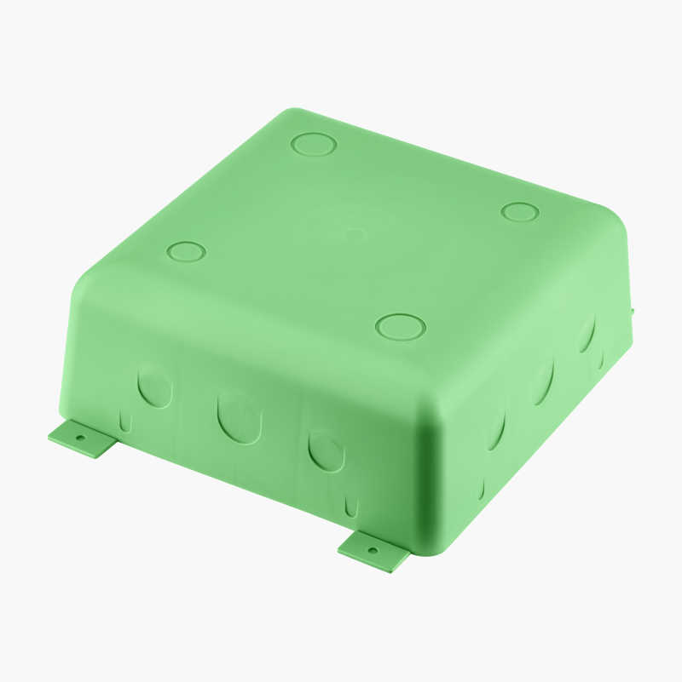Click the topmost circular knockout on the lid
(314, 144)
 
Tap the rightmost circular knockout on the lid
(519, 211)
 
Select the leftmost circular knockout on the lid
(187, 251)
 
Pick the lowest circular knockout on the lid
(400, 326)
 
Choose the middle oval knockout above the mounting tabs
(238, 417)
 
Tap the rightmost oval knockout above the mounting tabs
(325, 450)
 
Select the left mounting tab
(83, 439)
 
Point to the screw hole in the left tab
(81, 438)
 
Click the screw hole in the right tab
(372, 549)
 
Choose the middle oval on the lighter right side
(542, 381)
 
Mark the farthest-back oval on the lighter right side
(587, 334)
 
